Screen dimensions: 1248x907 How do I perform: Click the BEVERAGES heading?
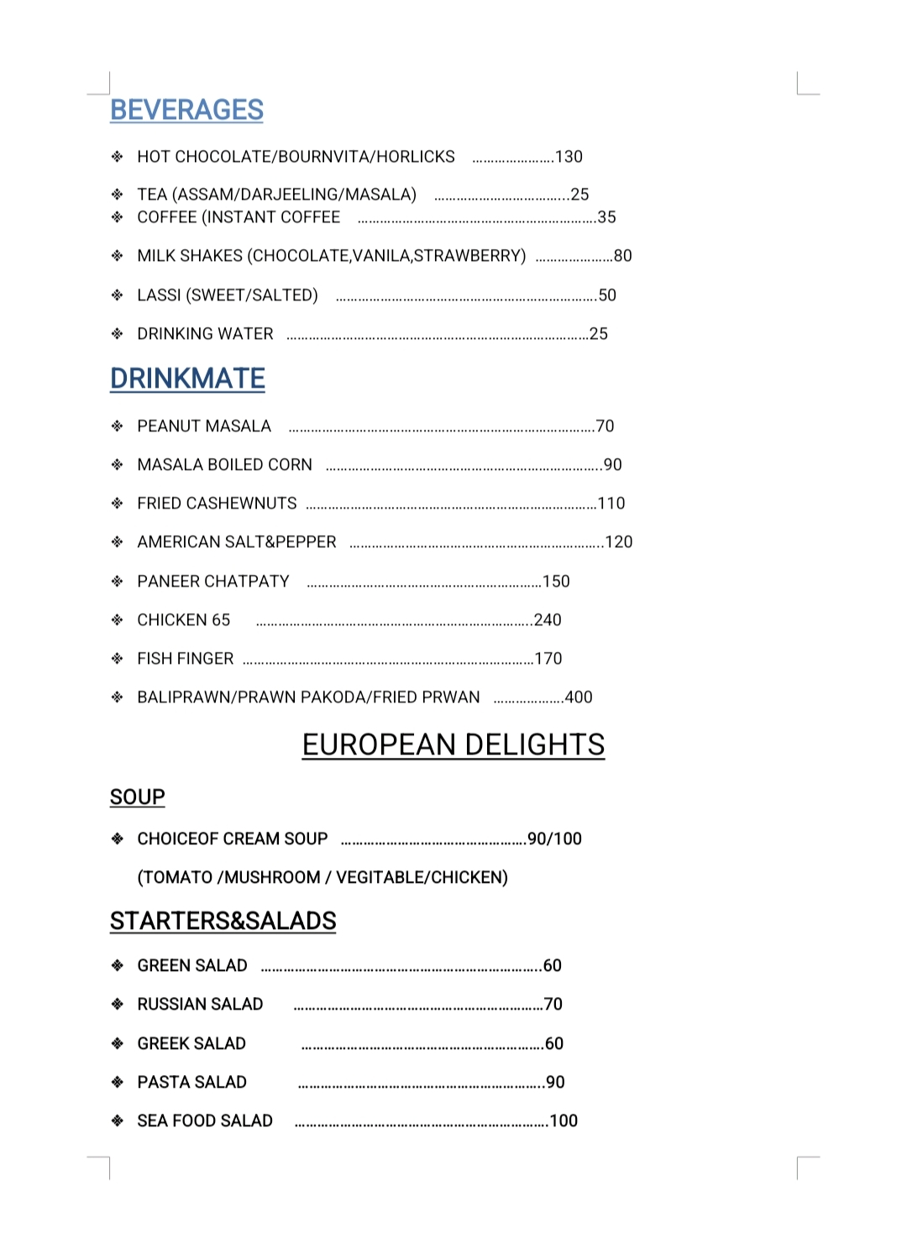coord(186,110)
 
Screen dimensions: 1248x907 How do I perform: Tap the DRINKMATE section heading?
coord(187,379)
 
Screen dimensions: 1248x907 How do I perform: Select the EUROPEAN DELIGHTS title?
coord(453,744)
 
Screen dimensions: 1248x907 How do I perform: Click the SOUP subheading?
coord(137,796)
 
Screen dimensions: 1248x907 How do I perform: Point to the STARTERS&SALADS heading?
coord(223,921)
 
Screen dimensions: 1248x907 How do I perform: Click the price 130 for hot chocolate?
coord(569,157)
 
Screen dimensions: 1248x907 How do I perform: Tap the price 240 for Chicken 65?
coord(548,620)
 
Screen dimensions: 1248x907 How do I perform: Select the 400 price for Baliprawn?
coord(579,697)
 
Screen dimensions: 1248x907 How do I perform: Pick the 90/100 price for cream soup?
coord(554,838)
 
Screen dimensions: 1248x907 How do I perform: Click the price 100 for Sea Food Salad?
coord(564,1120)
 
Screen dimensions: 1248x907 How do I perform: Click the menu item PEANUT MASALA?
coord(204,426)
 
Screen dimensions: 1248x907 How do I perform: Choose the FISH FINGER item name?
coord(186,659)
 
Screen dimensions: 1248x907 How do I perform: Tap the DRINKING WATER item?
coord(205,334)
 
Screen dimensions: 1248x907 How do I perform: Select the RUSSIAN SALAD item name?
coord(200,1004)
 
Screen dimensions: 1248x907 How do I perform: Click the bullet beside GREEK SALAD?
coord(118,1043)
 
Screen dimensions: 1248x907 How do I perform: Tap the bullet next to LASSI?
coord(118,295)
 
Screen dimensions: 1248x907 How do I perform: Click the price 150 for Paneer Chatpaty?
coord(556,582)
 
